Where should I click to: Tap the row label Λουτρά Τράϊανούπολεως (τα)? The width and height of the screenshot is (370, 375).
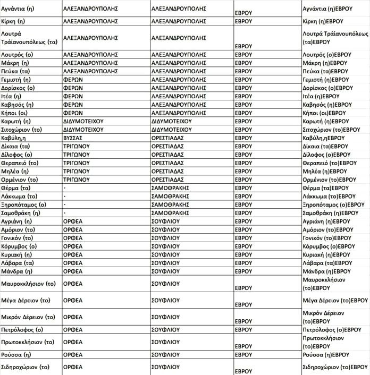(x=29, y=37)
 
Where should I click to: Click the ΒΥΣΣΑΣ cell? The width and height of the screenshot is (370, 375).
(x=75, y=138)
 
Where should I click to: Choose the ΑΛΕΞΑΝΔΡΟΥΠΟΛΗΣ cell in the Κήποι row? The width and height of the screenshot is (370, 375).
(x=179, y=113)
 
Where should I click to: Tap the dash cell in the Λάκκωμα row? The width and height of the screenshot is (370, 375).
(x=64, y=196)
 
